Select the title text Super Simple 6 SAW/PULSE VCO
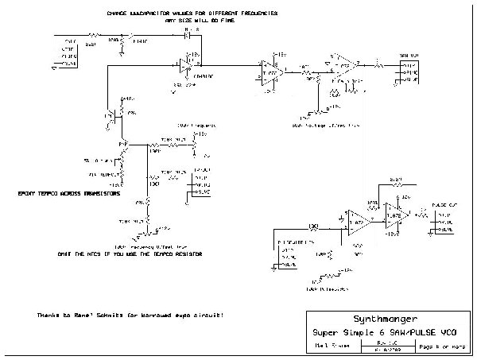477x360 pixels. (386, 330)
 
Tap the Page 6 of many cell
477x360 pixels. (441, 346)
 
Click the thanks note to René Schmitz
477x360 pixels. (129, 315)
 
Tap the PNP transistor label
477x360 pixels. (124, 144)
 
